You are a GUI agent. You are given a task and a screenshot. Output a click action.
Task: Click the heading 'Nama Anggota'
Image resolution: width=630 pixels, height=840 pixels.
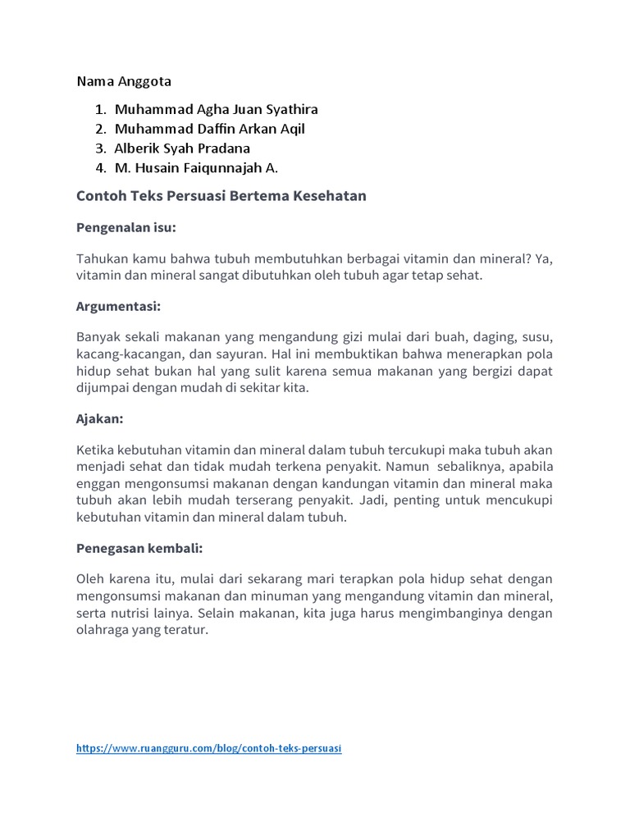click(124, 81)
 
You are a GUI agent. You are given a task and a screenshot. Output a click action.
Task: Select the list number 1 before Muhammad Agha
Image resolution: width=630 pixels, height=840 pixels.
click(99, 109)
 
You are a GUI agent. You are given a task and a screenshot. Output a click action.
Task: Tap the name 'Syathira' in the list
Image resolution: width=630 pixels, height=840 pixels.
click(291, 109)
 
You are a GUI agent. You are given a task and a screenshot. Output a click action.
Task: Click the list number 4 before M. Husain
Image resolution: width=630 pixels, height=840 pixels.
click(99, 168)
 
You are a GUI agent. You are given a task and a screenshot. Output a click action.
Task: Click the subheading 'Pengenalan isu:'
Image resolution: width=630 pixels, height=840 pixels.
click(126, 227)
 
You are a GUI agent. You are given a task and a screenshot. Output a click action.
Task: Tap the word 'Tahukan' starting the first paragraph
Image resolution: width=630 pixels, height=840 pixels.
click(99, 259)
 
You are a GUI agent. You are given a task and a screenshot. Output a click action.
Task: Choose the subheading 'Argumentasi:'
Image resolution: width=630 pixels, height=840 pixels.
click(118, 307)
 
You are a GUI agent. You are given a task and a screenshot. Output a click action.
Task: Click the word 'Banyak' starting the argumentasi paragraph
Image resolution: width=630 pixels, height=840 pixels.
click(97, 338)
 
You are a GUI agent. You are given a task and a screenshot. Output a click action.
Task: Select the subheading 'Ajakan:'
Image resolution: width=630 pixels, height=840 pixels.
click(100, 418)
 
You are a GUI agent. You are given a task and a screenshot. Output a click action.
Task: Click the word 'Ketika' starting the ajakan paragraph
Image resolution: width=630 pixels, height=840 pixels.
click(94, 450)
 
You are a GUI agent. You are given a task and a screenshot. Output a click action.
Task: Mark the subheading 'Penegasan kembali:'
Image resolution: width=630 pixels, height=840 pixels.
click(139, 547)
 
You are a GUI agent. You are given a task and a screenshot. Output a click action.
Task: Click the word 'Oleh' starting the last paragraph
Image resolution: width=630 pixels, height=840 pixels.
click(90, 579)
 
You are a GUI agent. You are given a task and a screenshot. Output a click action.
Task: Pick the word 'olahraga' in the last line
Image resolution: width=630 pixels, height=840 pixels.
click(101, 630)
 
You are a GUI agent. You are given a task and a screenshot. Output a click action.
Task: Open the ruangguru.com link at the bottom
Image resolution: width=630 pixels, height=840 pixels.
click(209, 749)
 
